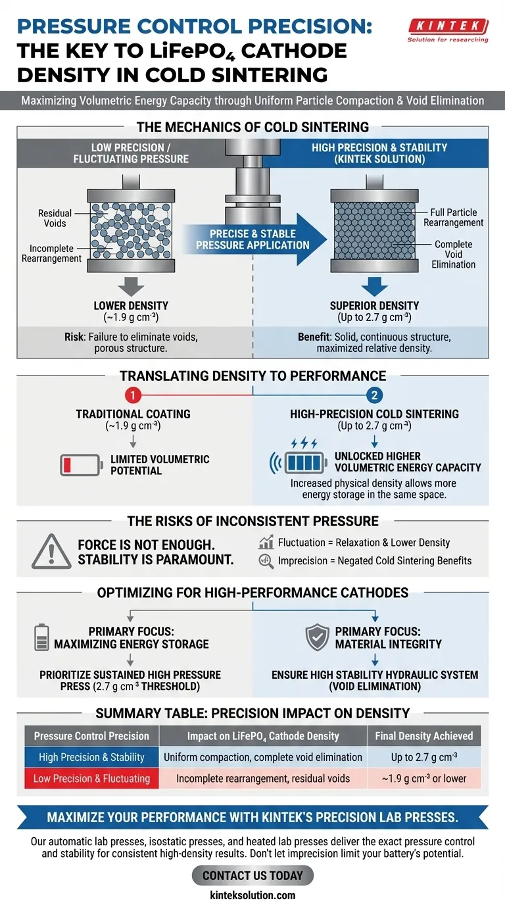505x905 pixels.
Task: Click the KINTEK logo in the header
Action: tap(448, 30)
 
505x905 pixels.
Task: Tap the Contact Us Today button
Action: tap(252, 875)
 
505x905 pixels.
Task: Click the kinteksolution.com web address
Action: tap(252, 895)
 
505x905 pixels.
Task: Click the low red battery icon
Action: tap(80, 465)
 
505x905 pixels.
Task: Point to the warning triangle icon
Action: tap(51, 551)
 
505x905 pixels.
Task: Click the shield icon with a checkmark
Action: tap(318, 637)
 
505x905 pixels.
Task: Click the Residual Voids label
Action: tap(55, 218)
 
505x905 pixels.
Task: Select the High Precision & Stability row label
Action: tap(91, 757)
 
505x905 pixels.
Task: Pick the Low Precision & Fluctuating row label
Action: tap(91, 779)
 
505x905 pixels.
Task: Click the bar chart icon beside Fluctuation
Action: tap(266, 543)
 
